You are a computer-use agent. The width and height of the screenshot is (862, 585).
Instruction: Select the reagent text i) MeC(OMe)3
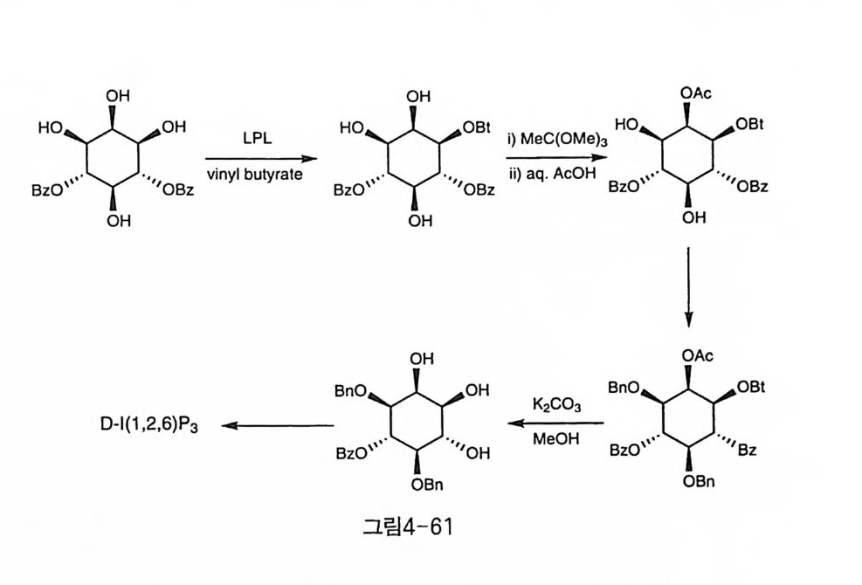point(548,140)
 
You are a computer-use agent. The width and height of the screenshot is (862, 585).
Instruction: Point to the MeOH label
point(555,438)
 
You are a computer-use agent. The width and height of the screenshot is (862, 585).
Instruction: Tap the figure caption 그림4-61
point(409,527)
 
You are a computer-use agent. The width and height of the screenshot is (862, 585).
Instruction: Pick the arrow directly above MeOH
point(555,423)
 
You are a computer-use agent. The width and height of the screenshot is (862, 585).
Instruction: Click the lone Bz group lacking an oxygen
point(747,451)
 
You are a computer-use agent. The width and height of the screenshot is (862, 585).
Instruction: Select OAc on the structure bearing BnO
point(697,356)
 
